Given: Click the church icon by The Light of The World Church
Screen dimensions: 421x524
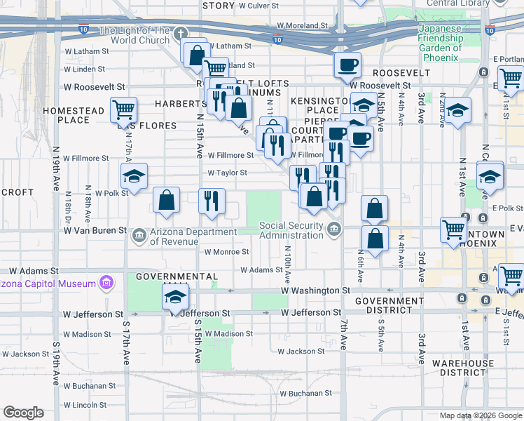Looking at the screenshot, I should (x=180, y=34).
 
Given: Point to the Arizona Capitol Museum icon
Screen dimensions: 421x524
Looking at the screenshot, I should (x=106, y=283).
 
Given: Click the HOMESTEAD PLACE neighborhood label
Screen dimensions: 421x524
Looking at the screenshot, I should (x=73, y=115).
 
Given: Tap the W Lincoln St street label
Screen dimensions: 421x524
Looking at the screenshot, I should (x=85, y=405).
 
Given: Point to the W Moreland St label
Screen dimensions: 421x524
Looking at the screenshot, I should (x=302, y=25).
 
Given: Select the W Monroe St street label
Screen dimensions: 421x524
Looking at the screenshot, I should (x=226, y=252).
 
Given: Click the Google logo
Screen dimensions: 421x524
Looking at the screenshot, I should (x=23, y=413).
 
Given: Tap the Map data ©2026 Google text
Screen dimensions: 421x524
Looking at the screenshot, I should (x=481, y=415).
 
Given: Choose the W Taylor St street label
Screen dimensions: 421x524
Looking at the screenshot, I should (x=227, y=173).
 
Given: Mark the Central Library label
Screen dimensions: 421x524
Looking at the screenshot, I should (x=457, y=4).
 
